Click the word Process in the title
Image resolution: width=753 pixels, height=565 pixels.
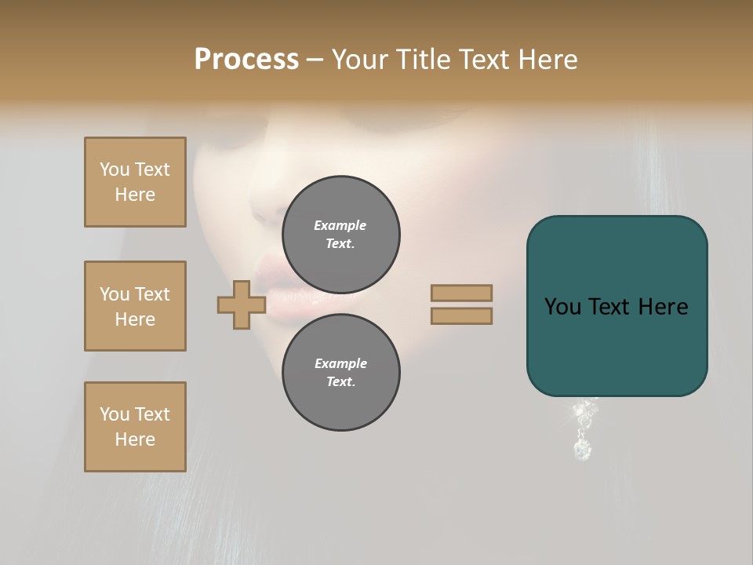point(246,60)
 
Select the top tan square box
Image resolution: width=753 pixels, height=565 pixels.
point(135,182)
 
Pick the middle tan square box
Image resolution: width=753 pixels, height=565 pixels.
point(135,306)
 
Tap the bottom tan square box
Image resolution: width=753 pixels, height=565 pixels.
point(135,427)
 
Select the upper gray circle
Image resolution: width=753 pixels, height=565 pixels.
point(340,235)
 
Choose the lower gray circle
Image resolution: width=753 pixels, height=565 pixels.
point(340,373)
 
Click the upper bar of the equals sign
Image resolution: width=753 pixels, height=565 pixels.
point(461,293)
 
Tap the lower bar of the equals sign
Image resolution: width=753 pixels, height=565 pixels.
point(461,315)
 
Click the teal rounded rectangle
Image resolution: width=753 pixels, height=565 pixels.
point(617,345)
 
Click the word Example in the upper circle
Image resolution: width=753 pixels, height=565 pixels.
point(340,225)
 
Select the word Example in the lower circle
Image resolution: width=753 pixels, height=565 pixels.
point(340,363)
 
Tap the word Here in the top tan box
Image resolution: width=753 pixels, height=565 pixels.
point(135,195)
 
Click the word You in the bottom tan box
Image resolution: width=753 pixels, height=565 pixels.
point(115,414)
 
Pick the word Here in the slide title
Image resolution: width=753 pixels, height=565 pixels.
point(547,60)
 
